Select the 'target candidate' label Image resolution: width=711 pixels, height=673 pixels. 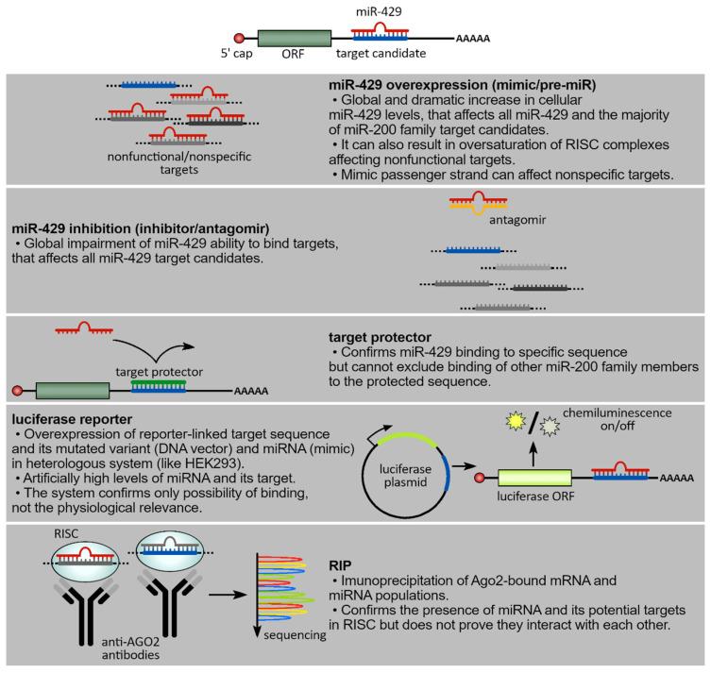390,54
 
